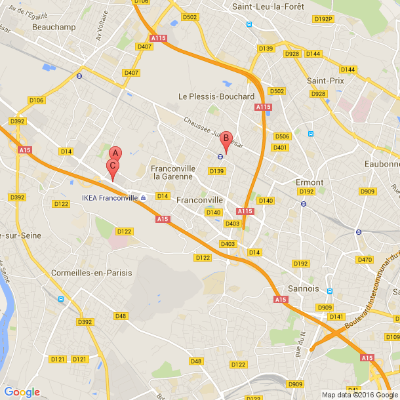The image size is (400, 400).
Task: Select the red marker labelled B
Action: click(x=226, y=139)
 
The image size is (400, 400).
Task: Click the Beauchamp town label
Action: click(x=54, y=27)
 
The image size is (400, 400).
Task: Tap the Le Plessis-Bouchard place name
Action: click(x=216, y=96)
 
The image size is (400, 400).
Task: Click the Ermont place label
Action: click(x=310, y=182)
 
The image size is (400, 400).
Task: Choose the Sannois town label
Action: click(x=303, y=288)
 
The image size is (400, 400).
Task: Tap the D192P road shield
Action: click(x=323, y=19)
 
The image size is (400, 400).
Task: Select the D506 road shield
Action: click(x=282, y=136)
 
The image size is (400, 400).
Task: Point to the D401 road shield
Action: click(x=280, y=148)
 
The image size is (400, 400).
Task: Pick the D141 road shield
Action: click(x=336, y=316)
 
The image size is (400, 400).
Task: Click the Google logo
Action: click(x=22, y=392)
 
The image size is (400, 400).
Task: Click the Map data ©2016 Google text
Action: click(x=360, y=395)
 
